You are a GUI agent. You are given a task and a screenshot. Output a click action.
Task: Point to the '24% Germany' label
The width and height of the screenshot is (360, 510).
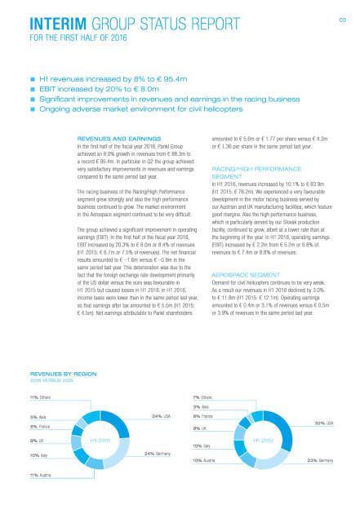tap(157, 453)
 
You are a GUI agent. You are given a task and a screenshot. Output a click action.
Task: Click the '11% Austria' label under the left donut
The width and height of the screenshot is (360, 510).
tap(41, 474)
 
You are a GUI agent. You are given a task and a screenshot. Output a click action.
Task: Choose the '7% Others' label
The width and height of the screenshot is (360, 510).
tap(203, 397)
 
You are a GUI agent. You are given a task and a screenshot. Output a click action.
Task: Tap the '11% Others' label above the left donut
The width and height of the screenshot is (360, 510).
tap(41, 397)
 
